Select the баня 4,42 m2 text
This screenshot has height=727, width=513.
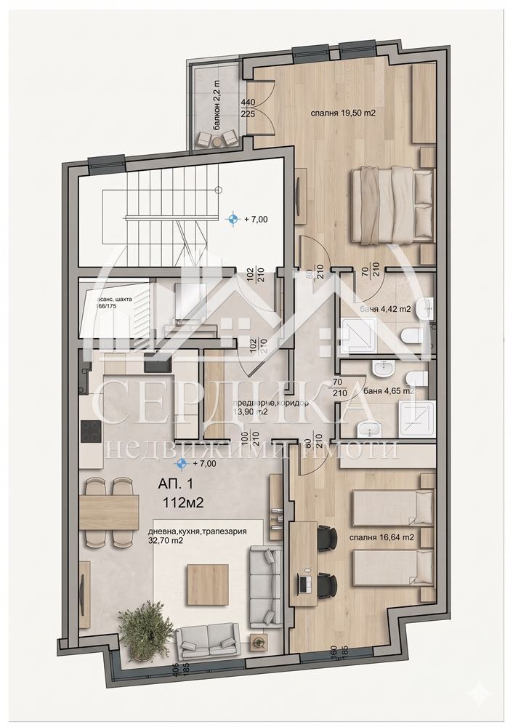click(385, 309)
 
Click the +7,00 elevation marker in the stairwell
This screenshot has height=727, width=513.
click(247, 217)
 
